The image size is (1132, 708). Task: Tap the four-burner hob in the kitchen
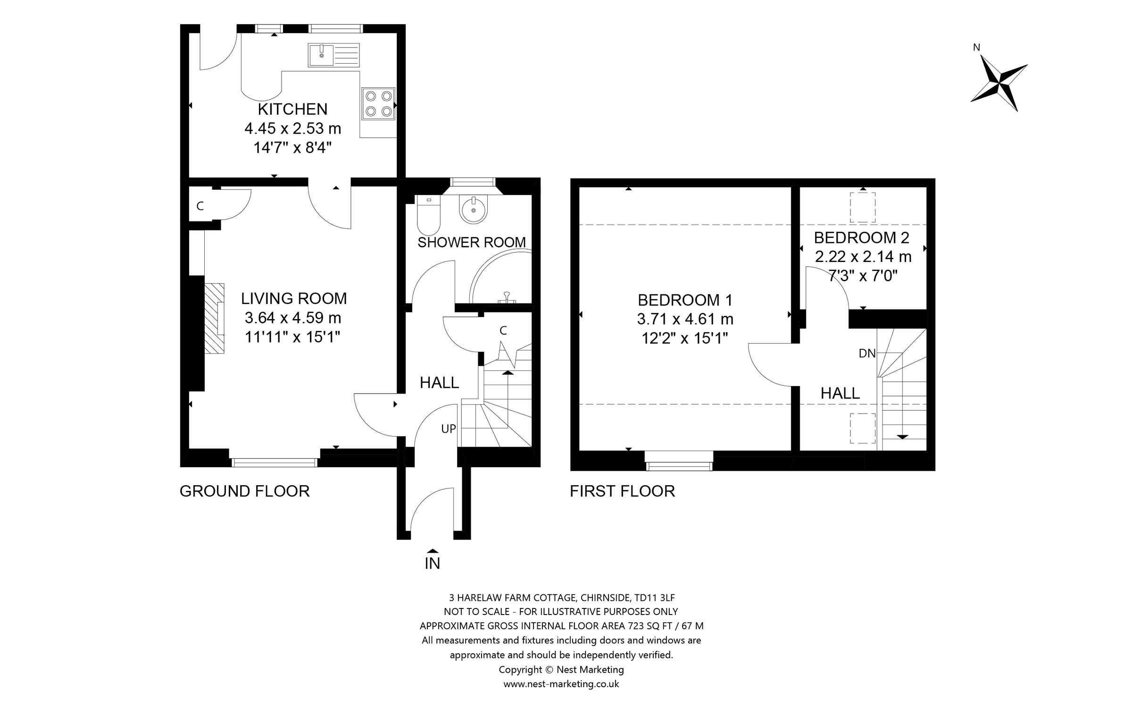tap(378, 103)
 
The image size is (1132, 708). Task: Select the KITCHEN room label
tap(292, 109)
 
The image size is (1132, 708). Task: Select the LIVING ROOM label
tap(294, 298)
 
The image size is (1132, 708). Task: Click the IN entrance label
tap(432, 563)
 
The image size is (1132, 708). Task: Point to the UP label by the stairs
tap(448, 429)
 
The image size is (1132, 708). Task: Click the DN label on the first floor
tap(867, 353)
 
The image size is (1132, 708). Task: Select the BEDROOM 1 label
tap(685, 300)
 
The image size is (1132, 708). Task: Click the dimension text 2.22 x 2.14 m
tap(863, 257)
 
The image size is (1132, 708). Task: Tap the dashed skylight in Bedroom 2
tap(863, 207)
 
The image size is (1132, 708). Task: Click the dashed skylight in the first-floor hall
tap(863, 428)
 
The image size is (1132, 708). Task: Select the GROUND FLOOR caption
tap(244, 491)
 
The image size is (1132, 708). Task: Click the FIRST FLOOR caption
tap(622, 491)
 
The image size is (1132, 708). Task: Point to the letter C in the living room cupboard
tap(200, 206)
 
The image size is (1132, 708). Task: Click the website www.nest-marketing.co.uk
tap(561, 684)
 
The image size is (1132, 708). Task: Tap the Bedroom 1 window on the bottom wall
tap(679, 465)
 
